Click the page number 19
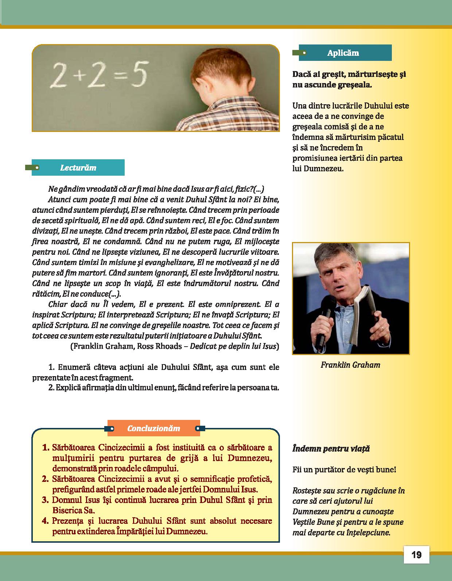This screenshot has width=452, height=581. [x=416, y=555]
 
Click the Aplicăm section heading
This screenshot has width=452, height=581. [x=343, y=53]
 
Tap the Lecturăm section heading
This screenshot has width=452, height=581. [x=78, y=168]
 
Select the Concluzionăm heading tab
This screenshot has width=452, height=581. [x=153, y=428]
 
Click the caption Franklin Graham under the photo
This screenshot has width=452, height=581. [x=350, y=365]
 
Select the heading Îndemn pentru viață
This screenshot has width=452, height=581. [x=331, y=449]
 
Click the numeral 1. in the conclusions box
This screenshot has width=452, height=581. [x=46, y=447]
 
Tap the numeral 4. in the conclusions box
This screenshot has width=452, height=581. [x=46, y=521]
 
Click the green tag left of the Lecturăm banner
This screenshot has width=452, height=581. [x=32, y=168]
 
